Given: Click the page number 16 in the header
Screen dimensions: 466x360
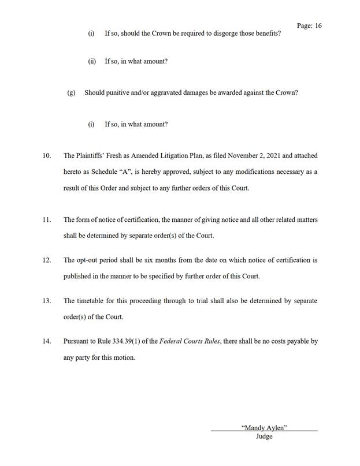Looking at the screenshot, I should (318, 26).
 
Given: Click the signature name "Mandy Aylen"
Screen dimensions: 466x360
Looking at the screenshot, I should (264, 427).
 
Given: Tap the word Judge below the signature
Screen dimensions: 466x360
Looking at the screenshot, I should (264, 437).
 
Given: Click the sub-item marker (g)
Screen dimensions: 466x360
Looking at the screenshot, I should (71, 92).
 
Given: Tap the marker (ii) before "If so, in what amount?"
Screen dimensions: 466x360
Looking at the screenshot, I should (91, 61).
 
